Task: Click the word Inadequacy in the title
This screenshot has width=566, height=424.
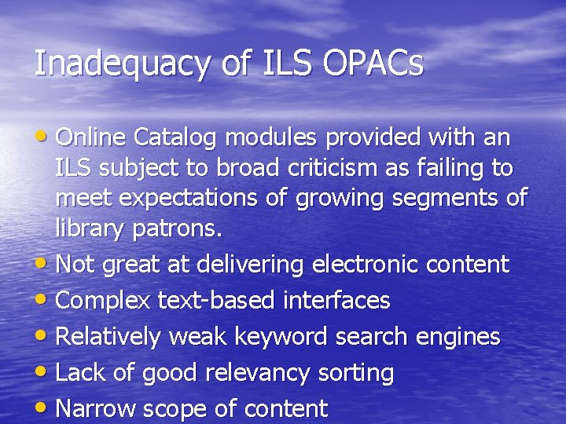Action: tap(122, 64)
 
